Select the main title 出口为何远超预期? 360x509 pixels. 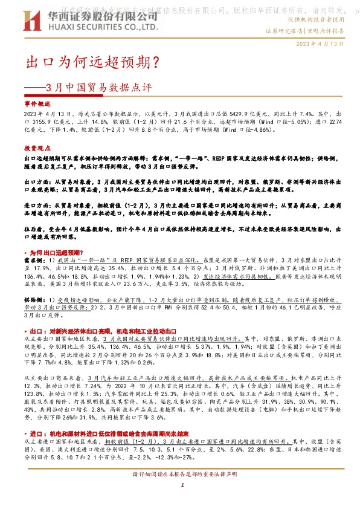[91, 62]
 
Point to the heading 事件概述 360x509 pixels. [37, 104]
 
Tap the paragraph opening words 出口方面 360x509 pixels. [36, 181]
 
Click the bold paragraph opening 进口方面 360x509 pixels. [36, 206]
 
